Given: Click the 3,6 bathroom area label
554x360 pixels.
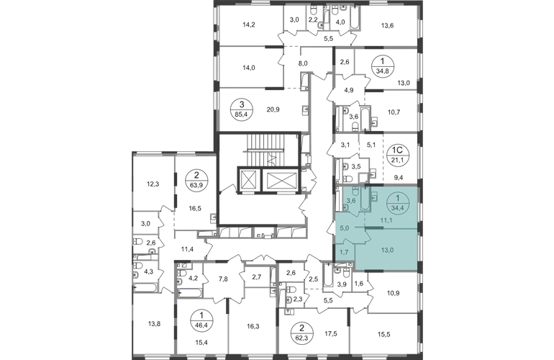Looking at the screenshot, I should [x=352, y=202].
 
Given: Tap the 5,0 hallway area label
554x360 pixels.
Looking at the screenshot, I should [x=345, y=228].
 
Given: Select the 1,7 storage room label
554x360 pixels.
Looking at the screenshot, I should [x=344, y=253].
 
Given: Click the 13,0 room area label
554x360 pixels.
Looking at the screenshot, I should [x=387, y=250].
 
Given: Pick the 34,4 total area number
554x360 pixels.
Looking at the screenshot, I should [x=394, y=208].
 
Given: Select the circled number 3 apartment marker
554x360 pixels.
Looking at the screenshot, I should [x=239, y=109].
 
